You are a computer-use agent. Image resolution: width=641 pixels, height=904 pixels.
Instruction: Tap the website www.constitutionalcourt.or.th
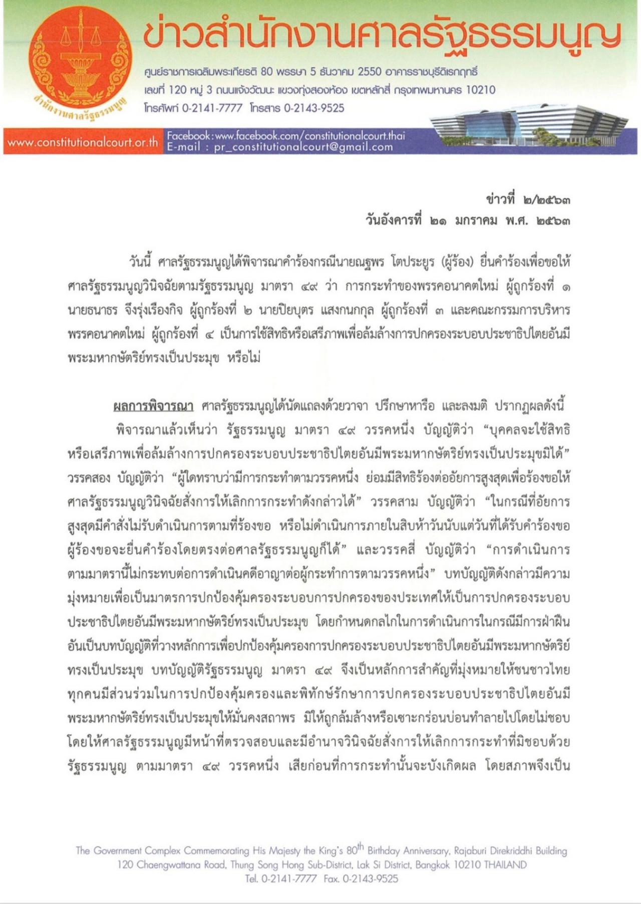click(x=83, y=142)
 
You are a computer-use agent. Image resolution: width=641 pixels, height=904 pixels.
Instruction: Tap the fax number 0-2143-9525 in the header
click(x=314, y=108)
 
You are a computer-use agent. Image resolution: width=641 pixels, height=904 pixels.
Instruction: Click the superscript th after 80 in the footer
click(x=361, y=846)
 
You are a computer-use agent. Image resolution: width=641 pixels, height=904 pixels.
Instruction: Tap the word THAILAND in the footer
click(x=505, y=865)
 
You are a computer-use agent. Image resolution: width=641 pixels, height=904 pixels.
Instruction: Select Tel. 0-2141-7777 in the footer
click(x=281, y=878)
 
